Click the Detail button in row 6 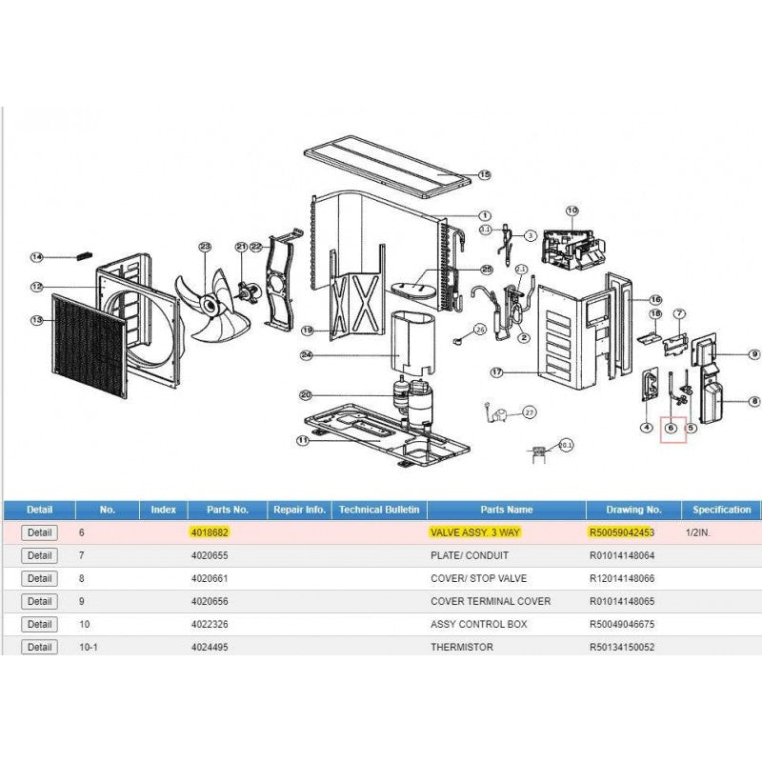[x=39, y=532]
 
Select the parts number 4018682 [x=210, y=532]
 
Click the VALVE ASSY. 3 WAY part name [x=475, y=532]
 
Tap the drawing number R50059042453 [x=623, y=532]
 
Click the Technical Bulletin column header [x=379, y=510]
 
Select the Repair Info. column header [x=299, y=510]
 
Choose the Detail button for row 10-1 [x=39, y=647]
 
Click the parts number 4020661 [x=210, y=578]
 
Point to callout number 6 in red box [x=672, y=429]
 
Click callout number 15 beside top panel [x=484, y=175]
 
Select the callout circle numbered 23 [x=204, y=247]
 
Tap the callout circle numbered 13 [x=37, y=320]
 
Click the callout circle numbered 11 [x=303, y=441]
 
